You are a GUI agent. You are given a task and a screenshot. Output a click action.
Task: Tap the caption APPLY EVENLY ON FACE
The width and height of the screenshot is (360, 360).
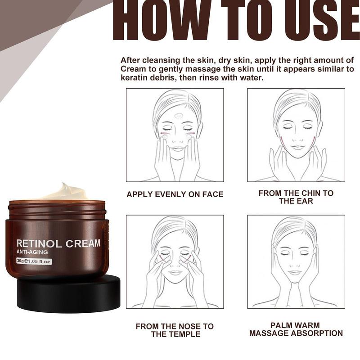click(175, 194)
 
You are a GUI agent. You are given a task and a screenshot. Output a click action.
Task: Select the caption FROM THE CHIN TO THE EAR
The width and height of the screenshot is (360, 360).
click(296, 197)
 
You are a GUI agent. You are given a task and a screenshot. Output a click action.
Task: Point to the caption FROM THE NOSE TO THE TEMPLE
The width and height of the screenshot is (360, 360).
click(175, 330)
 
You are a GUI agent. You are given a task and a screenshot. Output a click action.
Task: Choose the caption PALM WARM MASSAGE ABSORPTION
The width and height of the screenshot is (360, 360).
click(296, 329)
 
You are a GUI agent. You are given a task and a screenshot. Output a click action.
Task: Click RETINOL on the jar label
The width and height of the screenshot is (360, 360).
click(39, 244)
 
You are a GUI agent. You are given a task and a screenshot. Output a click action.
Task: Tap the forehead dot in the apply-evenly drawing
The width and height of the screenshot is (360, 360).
click(178, 116)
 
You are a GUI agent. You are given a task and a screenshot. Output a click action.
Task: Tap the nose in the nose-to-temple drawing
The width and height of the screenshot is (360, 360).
click(175, 265)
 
